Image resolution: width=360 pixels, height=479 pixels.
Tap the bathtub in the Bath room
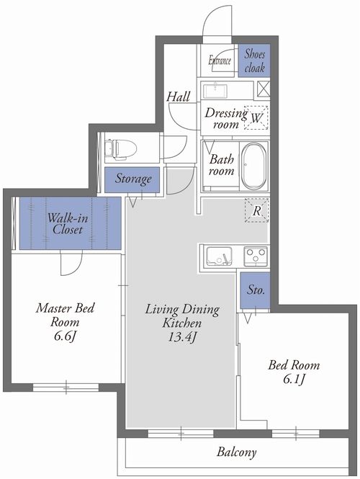click(254, 166)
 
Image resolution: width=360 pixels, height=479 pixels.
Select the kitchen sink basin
click(219, 256)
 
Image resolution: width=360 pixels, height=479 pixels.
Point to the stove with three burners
click(256, 256)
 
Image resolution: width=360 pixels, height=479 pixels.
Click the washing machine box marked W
click(256, 117)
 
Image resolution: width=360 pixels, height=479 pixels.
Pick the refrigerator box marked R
click(257, 210)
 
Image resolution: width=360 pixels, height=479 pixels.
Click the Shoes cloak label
click(254, 61)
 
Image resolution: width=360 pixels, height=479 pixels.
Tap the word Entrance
click(220, 61)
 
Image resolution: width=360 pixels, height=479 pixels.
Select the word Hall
click(179, 97)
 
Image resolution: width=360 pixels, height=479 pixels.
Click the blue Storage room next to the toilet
click(132, 179)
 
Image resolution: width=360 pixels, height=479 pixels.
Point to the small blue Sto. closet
click(256, 290)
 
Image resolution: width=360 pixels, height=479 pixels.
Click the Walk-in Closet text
click(68, 223)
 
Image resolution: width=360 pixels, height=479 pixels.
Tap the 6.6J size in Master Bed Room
click(65, 336)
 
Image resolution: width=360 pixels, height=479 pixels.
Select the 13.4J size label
click(182, 337)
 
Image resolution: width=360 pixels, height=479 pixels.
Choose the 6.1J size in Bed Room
click(294, 379)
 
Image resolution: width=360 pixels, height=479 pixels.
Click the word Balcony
click(237, 452)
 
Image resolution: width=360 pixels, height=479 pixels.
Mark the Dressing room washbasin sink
click(215, 91)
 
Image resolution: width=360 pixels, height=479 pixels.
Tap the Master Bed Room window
click(66, 388)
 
